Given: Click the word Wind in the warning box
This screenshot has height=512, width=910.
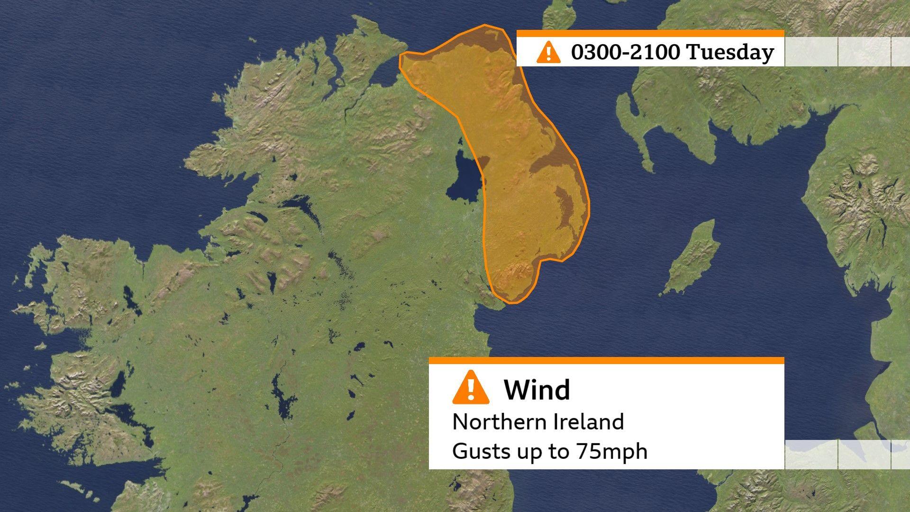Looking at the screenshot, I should pos(537,390).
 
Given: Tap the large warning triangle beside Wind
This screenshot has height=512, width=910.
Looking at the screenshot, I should pos(471,388).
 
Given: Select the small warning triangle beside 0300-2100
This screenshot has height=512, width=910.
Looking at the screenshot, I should pos(548,52).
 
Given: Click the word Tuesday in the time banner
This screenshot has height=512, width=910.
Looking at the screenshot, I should pos(730,52).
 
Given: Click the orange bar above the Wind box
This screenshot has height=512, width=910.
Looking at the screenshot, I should pos(606,361).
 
